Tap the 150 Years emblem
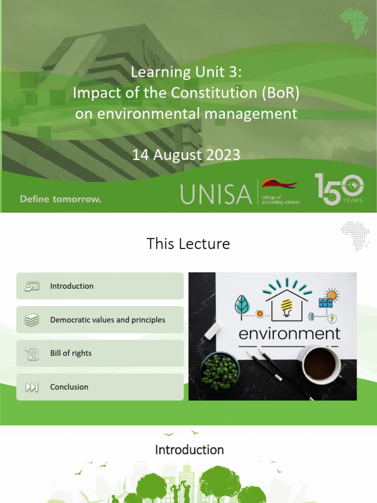click(339, 189)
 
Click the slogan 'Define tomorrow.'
click(60, 199)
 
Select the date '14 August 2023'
click(186, 155)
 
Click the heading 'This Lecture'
click(188, 244)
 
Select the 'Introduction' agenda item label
click(72, 286)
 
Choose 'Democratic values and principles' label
click(108, 320)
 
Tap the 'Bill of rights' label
click(71, 353)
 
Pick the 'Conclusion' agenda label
click(69, 387)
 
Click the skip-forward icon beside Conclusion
click(31, 387)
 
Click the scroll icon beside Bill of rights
click(31, 353)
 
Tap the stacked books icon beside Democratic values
click(31, 320)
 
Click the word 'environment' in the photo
click(289, 334)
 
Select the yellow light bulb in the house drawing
click(286, 306)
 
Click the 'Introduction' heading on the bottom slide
click(189, 449)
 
